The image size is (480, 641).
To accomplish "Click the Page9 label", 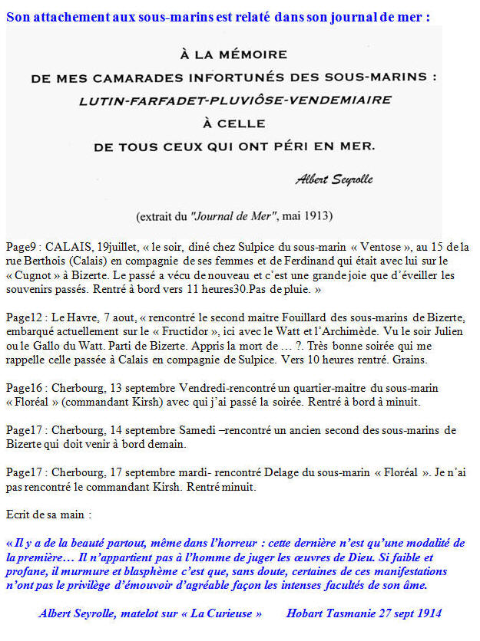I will pyautogui.click(x=22, y=248).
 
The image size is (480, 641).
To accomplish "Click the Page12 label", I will pyautogui.click(x=24, y=317).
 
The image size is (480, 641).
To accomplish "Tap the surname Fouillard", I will pyautogui.click(x=259, y=317).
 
